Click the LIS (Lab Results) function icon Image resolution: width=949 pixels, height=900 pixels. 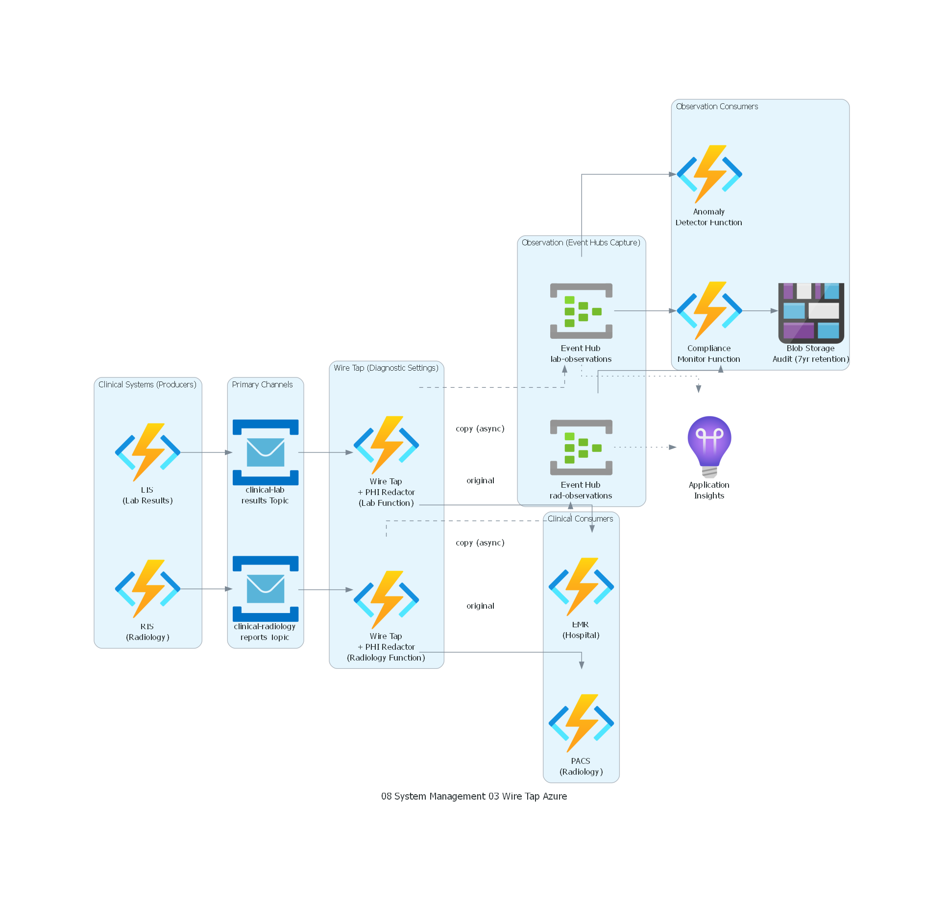tap(147, 452)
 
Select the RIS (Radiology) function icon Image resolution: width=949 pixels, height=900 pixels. tap(147, 589)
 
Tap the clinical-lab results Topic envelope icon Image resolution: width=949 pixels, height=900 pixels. tap(266, 452)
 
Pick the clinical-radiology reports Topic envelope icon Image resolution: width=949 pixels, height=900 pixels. tap(266, 589)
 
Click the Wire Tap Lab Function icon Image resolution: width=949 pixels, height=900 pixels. tap(386, 445)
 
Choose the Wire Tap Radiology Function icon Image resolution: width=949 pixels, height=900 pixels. tap(386, 599)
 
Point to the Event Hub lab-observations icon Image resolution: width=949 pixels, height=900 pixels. tap(581, 311)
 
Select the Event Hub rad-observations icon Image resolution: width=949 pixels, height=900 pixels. tap(581, 447)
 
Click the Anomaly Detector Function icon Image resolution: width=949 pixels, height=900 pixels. tap(709, 174)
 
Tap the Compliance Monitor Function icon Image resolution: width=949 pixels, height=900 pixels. tap(709, 310)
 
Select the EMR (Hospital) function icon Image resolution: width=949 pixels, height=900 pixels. tap(581, 587)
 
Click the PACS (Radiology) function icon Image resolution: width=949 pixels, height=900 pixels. tap(581, 723)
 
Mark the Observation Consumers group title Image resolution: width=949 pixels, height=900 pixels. tap(716, 106)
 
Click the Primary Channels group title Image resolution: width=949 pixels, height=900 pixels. tap(262, 384)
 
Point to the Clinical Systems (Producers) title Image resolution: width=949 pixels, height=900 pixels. tap(147, 384)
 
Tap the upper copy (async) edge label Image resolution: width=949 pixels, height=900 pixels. tap(480, 428)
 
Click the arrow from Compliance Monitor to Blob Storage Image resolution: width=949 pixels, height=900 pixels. tap(759, 310)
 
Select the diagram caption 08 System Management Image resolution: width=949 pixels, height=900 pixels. tap(474, 796)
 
